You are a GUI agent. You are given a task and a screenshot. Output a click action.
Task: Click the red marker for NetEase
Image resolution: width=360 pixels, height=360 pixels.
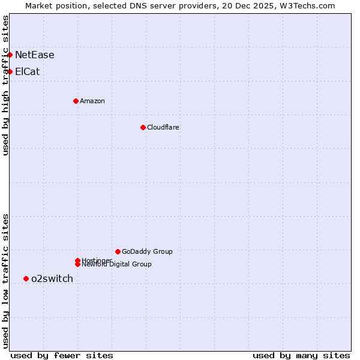(10, 55)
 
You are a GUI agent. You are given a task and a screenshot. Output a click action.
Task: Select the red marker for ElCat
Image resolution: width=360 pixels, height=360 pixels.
(10, 71)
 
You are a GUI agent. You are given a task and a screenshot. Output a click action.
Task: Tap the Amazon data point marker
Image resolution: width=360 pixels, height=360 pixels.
(76, 101)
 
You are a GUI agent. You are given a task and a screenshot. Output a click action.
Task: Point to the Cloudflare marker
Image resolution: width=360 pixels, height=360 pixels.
(143, 127)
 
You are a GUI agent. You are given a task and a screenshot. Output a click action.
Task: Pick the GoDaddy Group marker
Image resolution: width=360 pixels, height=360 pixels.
(118, 251)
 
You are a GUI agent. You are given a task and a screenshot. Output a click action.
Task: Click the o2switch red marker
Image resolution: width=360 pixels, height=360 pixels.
(26, 278)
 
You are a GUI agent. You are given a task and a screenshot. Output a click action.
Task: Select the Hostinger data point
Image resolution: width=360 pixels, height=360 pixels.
(77, 260)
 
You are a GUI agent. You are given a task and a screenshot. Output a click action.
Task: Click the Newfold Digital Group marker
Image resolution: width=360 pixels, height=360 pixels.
(77, 265)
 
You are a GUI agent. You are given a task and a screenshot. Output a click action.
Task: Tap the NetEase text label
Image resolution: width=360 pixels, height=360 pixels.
(35, 55)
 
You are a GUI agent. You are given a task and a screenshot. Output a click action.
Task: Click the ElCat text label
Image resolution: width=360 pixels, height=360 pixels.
(28, 72)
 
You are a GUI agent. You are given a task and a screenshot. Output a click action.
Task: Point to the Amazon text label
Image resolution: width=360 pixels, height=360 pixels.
(92, 101)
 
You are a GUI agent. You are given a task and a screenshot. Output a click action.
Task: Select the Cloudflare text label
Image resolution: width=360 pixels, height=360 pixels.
(163, 127)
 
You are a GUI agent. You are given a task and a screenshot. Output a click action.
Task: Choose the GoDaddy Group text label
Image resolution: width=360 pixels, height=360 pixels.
(147, 251)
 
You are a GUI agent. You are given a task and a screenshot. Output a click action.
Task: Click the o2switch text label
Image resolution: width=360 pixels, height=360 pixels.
(52, 278)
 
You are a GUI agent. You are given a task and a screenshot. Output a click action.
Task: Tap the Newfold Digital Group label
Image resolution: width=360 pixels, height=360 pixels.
(117, 265)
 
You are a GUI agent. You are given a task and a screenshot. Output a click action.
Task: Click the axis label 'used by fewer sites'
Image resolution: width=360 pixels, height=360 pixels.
(62, 355)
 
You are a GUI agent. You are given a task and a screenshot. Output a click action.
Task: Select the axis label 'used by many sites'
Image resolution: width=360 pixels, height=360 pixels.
(301, 355)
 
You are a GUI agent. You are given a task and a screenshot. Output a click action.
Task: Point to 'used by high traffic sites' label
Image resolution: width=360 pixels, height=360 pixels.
(5, 86)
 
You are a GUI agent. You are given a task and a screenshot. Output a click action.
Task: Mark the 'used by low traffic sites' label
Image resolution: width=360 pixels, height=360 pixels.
(5, 280)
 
